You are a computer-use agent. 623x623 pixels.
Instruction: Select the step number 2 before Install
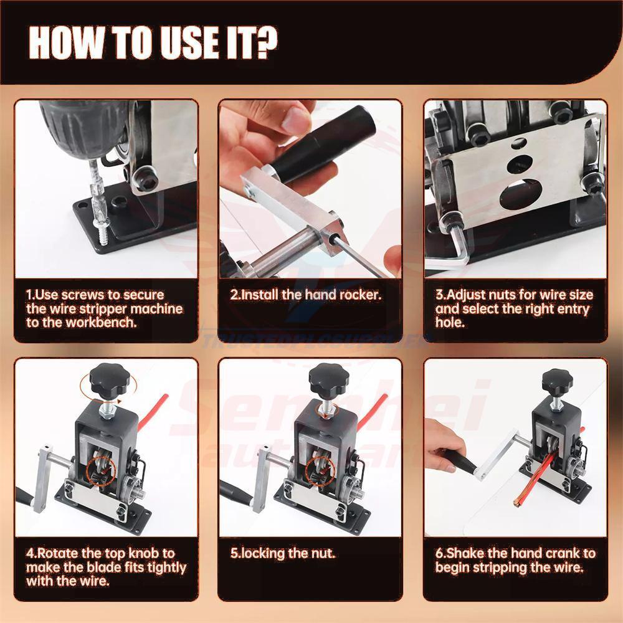point(234,295)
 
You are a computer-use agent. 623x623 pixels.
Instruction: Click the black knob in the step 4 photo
point(108,378)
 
